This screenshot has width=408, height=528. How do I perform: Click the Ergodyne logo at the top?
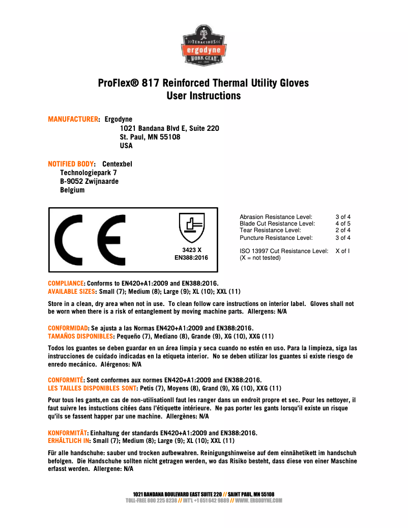tap(204, 46)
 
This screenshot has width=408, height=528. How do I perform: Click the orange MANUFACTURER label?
tap(73, 120)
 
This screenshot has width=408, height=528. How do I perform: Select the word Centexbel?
tap(117, 164)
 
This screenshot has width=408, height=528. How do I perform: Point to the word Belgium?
tap(72, 190)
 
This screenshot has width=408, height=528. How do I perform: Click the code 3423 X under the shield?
tap(192, 250)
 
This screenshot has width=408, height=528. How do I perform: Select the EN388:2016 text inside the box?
tap(191, 258)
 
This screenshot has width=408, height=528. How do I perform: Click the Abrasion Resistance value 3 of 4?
tap(343, 217)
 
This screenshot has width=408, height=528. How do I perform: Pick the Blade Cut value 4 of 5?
tap(343, 224)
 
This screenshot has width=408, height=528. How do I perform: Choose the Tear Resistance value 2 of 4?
tap(343, 230)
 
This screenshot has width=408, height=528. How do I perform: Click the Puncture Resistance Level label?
tap(276, 238)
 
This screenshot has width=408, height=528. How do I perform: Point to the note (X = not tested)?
tap(260, 258)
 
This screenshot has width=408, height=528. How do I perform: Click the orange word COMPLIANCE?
tap(66, 284)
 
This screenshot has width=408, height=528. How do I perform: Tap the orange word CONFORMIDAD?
tap(68, 328)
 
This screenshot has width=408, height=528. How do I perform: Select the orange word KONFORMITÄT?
tap(68, 433)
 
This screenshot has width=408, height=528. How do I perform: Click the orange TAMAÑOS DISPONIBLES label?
tap(80, 337)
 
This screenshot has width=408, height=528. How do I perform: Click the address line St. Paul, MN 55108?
tap(150, 137)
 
